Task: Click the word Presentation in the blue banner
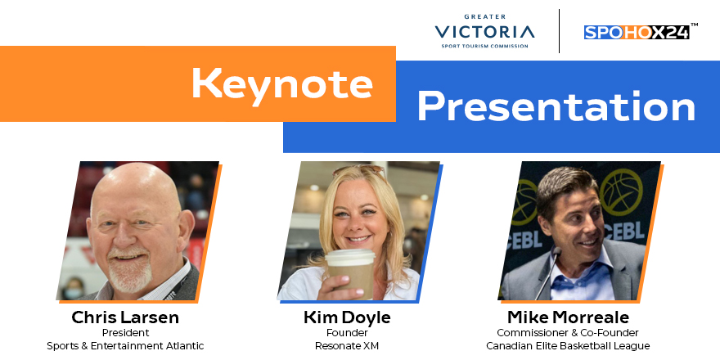tap(556, 106)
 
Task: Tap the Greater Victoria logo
tap(485, 32)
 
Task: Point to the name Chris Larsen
tap(125, 317)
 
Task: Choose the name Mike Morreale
tap(567, 317)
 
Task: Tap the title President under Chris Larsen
tap(125, 333)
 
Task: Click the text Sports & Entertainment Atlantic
tap(125, 346)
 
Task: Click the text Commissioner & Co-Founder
tap(567, 333)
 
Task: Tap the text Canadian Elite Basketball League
tap(567, 346)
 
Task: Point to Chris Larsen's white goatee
tap(130, 275)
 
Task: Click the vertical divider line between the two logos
tap(559, 31)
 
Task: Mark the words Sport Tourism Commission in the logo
tap(485, 47)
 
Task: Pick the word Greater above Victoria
tap(485, 16)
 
